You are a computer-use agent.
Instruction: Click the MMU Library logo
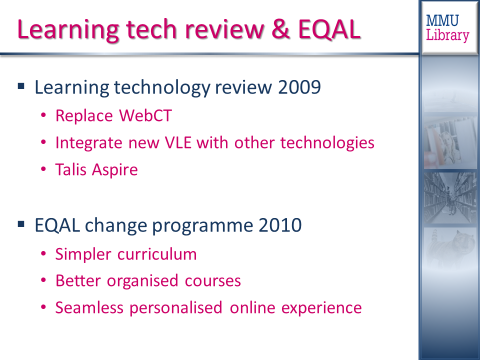(x=447, y=28)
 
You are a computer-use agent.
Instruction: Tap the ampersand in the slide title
(x=280, y=29)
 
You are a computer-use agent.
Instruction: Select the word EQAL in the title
(x=329, y=29)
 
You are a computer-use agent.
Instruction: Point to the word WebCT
(x=145, y=115)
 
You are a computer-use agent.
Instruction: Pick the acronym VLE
(x=178, y=142)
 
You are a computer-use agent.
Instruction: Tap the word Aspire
(x=115, y=170)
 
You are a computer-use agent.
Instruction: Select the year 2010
(x=280, y=225)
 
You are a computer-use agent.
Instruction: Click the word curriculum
(x=157, y=254)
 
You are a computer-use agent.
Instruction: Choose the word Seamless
(x=89, y=307)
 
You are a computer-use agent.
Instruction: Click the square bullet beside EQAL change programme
(x=21, y=224)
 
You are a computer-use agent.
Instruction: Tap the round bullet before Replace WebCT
(x=43, y=115)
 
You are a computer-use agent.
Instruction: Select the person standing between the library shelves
(x=449, y=200)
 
